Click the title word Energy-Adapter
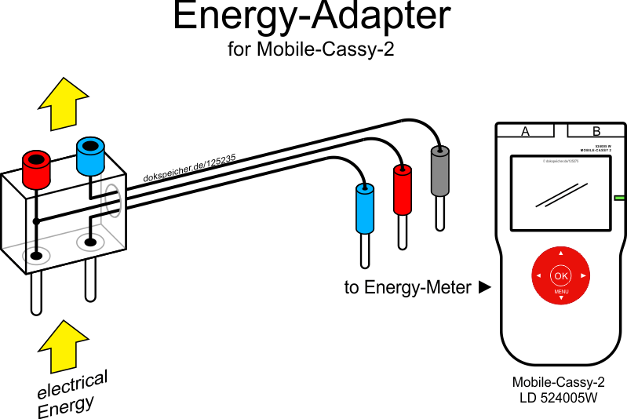tap(312, 17)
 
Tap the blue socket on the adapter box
tap(90, 155)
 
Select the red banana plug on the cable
tap(403, 191)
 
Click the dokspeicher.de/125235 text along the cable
tap(190, 167)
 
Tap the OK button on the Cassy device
tap(560, 276)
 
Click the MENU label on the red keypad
tap(561, 292)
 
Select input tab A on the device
tap(525, 131)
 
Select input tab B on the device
tap(596, 131)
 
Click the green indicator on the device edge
tap(619, 199)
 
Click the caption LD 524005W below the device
tap(559, 398)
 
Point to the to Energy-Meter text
tap(408, 288)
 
